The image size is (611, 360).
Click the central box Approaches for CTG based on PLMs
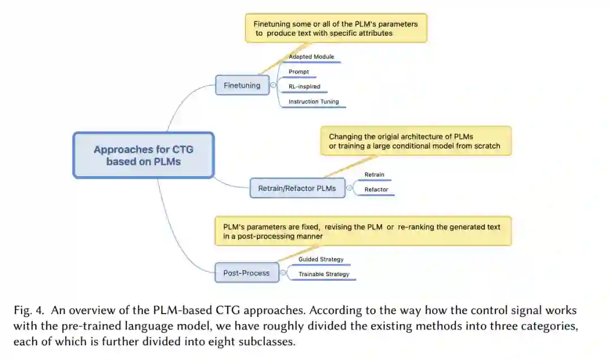tap(143, 155)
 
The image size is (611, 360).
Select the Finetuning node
tap(242, 85)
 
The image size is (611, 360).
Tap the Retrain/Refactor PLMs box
tap(297, 188)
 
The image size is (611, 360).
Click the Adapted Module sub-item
tap(311, 57)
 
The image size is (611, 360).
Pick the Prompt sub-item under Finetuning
tap(299, 72)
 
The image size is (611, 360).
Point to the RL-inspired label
tap(304, 87)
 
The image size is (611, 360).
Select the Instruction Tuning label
tap(313, 102)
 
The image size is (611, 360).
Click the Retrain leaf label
tap(374, 175)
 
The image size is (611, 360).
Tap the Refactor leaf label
tap(376, 190)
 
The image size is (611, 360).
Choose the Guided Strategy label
tap(321, 259)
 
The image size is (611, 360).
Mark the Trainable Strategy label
tap(324, 275)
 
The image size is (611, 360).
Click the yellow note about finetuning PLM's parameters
tap(336, 29)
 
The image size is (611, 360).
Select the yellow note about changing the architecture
tap(415, 141)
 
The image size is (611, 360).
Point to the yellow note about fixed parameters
tap(362, 231)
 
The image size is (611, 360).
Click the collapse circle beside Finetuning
tap(273, 86)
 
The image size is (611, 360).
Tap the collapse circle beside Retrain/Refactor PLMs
tap(349, 188)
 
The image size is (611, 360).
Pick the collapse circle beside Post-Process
tap(283, 273)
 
